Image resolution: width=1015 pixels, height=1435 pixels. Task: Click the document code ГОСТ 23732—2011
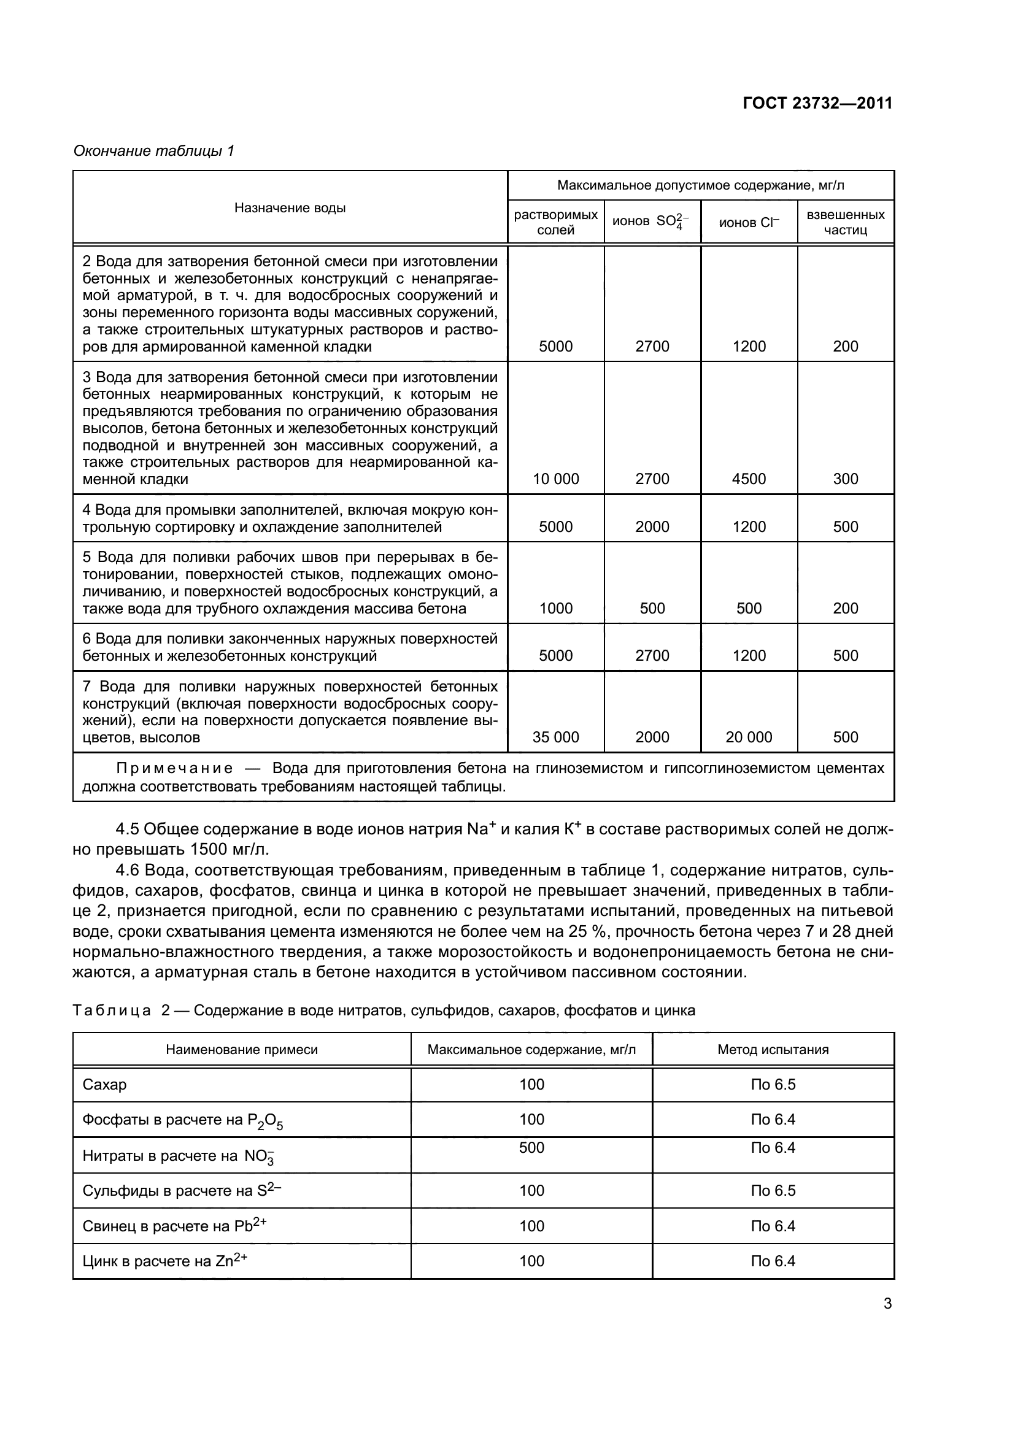coord(817,103)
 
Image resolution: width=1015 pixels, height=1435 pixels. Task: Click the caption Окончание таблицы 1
coord(154,151)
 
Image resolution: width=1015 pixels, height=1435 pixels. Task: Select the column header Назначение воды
coord(290,208)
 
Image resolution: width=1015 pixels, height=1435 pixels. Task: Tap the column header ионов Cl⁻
coord(749,223)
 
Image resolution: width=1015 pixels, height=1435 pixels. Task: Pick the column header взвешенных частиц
coord(846,223)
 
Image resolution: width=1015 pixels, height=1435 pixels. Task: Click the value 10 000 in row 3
coord(555,479)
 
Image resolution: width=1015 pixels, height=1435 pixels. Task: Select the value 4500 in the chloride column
coord(749,479)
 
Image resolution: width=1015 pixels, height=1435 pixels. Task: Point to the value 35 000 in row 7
coord(555,737)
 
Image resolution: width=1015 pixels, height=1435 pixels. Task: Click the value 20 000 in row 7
coord(749,737)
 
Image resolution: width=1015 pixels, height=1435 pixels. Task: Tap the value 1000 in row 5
coord(555,608)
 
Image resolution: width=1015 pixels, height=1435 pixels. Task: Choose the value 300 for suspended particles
coord(846,479)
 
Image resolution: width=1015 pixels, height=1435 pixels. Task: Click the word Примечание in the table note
coord(175,768)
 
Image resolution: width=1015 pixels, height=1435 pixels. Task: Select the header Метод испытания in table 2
coord(773,1049)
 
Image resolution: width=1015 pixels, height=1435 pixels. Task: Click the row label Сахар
coord(104,1084)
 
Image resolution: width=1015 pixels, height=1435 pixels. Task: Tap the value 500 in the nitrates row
coord(532,1147)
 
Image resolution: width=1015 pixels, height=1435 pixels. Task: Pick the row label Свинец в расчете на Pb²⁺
coord(174,1226)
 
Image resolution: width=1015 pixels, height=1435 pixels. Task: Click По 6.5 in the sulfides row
coord(773,1191)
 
